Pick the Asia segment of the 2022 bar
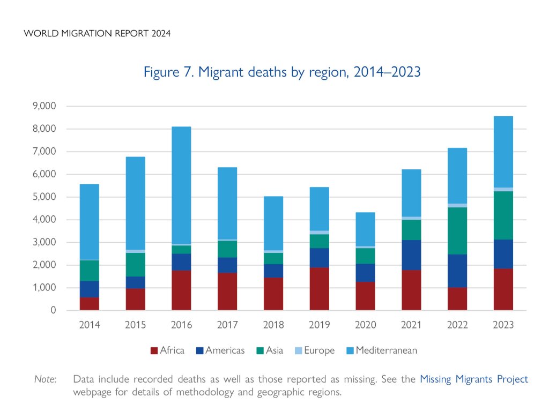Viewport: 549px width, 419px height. (457, 230)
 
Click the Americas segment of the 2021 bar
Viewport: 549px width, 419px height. (411, 255)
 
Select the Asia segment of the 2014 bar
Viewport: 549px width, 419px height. (90, 271)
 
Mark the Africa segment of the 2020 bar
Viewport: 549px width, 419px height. (365, 296)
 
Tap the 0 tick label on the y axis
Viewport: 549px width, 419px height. (53, 310)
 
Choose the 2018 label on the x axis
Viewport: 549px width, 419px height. (273, 325)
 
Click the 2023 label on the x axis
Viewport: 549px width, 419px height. (503, 325)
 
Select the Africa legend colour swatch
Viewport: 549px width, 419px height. (154, 351)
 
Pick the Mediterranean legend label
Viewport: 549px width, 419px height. (386, 351)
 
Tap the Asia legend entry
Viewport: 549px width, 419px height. (271, 351)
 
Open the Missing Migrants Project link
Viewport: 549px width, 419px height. (473, 379)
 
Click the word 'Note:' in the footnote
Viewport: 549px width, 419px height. (46, 379)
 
